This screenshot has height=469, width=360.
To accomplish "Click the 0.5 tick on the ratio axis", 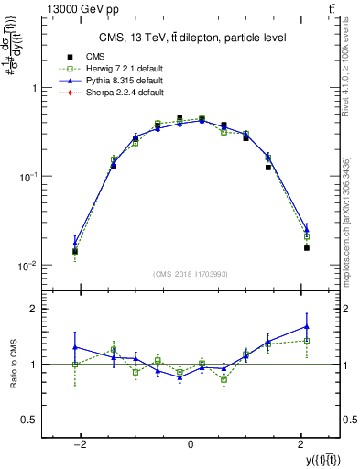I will (x=30, y=420).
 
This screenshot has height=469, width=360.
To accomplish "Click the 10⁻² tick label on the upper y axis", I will (x=27, y=266).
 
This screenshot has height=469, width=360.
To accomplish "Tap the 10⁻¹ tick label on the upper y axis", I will (x=27, y=177).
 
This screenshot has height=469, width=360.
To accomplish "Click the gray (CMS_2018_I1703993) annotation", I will (x=191, y=274).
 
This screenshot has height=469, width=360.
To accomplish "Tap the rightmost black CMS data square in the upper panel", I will (x=307, y=247).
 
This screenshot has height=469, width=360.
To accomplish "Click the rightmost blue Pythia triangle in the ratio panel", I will (x=307, y=326).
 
